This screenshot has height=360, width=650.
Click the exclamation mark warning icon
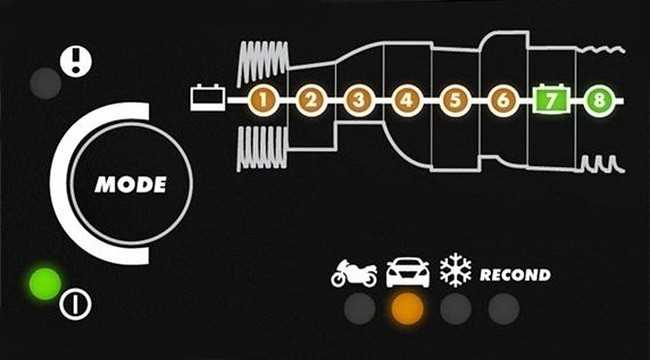75,62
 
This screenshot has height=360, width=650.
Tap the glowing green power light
45,284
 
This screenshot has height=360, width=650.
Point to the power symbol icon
75,304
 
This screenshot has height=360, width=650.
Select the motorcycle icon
354,273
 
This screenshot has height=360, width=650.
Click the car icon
408,272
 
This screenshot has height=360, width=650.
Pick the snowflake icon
456,270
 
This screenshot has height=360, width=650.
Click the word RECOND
515,275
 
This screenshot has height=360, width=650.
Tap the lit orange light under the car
408,309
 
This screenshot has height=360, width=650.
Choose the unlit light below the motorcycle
360,309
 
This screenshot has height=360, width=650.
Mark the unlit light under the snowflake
456,309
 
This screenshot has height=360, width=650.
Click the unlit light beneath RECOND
504,309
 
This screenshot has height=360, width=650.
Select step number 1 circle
263,100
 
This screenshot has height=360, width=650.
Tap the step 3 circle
359,100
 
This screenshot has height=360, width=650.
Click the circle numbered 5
455,100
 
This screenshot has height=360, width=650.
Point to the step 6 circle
503,100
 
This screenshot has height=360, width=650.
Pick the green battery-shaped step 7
551,100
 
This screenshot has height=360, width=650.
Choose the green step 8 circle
599,100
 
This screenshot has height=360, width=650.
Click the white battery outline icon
208,98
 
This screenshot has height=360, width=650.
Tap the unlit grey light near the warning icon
46,83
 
